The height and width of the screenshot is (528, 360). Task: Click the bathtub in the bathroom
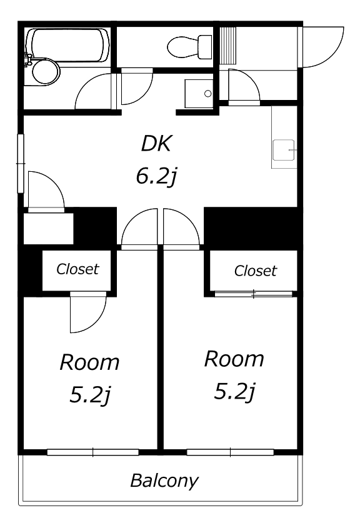pos(67,45)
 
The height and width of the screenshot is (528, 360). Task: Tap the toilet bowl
pos(189,47)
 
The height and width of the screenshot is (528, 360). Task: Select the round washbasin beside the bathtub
pos(46,71)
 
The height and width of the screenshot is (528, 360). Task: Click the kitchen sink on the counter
pos(284,150)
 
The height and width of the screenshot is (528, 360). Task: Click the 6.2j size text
pos(156,176)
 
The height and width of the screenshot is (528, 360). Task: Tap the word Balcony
pos(164,481)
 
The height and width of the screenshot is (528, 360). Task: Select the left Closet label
pos(77,269)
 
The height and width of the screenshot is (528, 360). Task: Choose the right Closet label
pos(255,271)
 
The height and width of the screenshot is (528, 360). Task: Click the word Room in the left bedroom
pos(89,362)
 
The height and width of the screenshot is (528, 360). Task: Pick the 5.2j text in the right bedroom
pos(235,392)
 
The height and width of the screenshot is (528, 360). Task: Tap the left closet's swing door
pos(88,312)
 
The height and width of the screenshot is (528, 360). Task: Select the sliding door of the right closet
pos(253,294)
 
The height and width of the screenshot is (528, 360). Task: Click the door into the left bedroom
pos(139,229)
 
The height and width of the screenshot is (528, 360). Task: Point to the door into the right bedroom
pos(181,229)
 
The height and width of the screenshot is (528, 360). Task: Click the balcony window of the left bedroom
pos(93,452)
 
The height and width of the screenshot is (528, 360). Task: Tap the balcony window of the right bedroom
pos(231,452)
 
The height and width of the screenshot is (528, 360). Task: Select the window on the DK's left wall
pos(21,164)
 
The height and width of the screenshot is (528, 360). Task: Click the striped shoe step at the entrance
pos(228,45)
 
